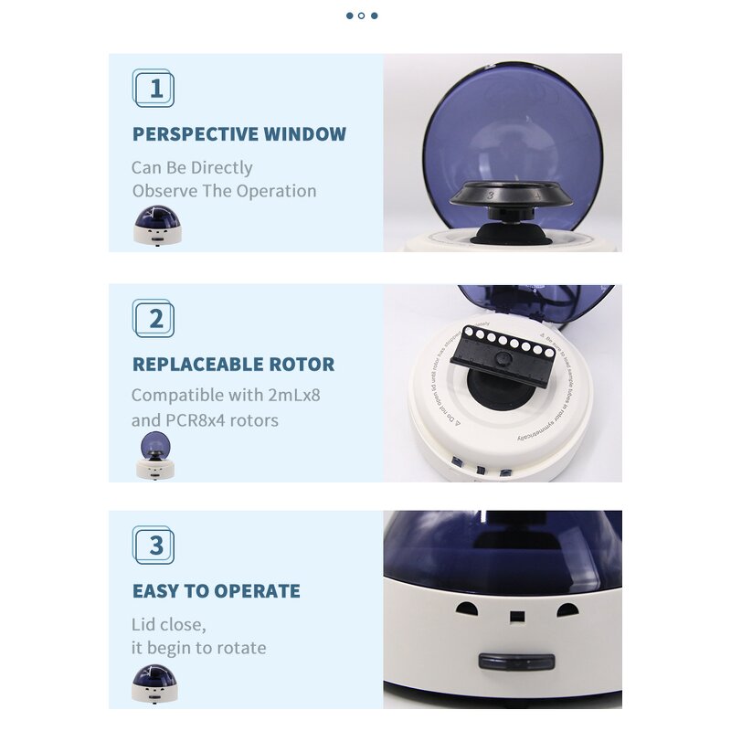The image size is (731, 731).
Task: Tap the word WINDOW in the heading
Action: pyautogui.click(x=305, y=134)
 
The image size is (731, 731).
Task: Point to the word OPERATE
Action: pyautogui.click(x=257, y=591)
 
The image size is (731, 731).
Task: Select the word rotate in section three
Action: pyautogui.click(x=238, y=648)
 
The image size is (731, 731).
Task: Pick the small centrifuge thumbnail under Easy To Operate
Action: pyautogui.click(x=154, y=683)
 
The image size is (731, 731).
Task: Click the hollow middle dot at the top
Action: pyautogui.click(x=362, y=16)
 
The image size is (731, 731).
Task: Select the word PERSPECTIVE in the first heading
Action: pyautogui.click(x=196, y=134)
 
